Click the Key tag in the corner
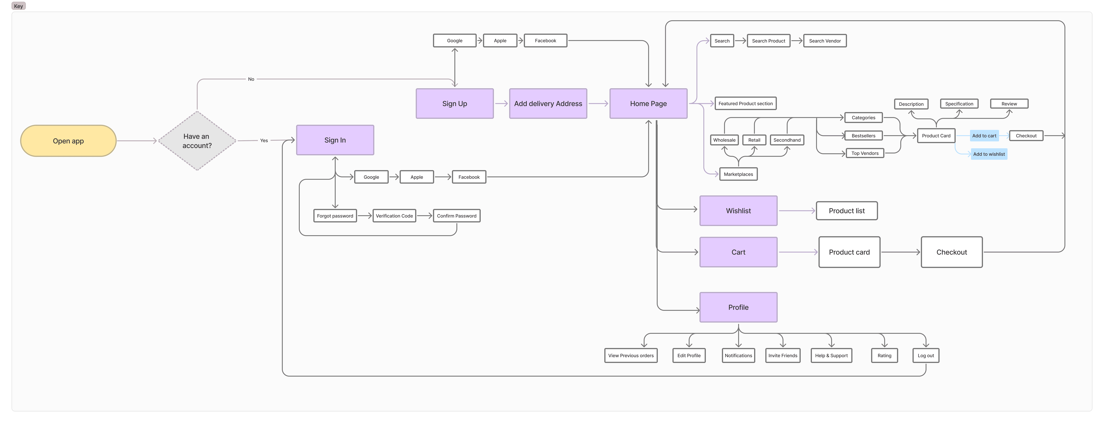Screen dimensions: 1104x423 click(x=18, y=6)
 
